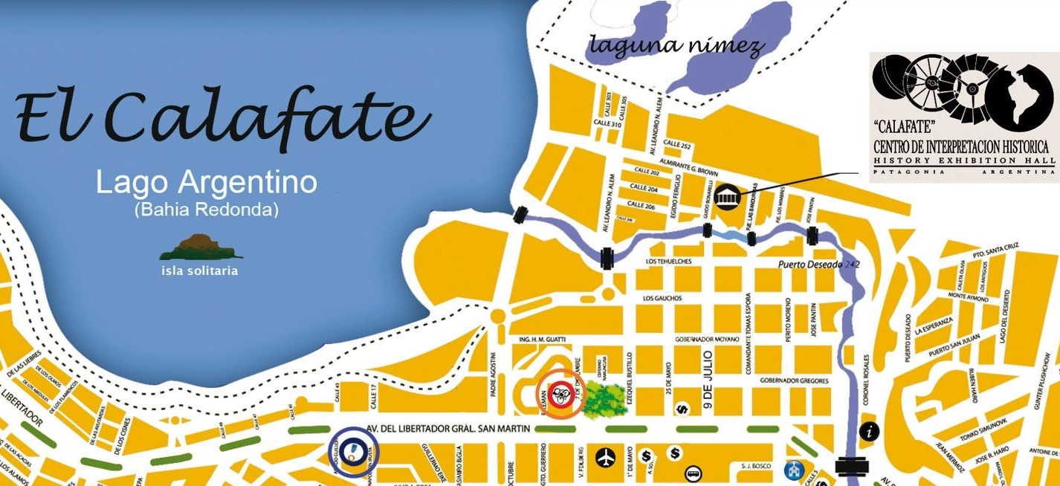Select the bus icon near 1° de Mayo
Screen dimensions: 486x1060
pos(694,473)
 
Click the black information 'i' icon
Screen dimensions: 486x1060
pos(869,431)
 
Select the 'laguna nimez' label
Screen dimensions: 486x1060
pos(676,46)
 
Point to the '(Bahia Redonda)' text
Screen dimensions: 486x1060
pos(207,210)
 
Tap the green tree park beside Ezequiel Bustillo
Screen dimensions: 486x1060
pos(602,399)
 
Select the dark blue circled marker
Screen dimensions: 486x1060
pos(353,450)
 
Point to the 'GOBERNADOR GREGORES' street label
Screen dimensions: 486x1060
pos(793,381)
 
